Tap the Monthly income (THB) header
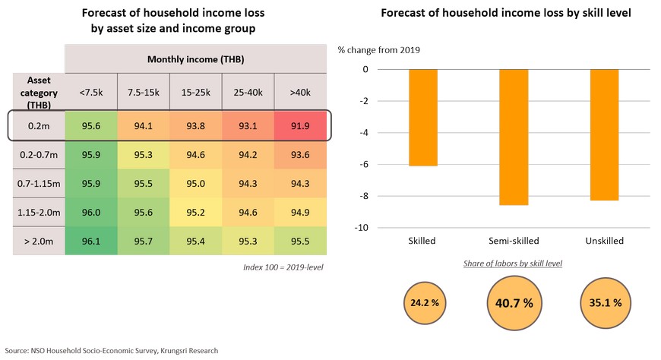pyautogui.click(x=196, y=58)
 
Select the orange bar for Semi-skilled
pyautogui.click(x=514, y=137)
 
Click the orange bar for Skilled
pyautogui.click(x=423, y=118)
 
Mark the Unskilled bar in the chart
pyautogui.click(x=604, y=134)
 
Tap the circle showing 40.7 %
pyautogui.click(x=514, y=302)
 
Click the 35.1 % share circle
pyautogui.click(x=605, y=302)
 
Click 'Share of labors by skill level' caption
pyautogui.click(x=513, y=264)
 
